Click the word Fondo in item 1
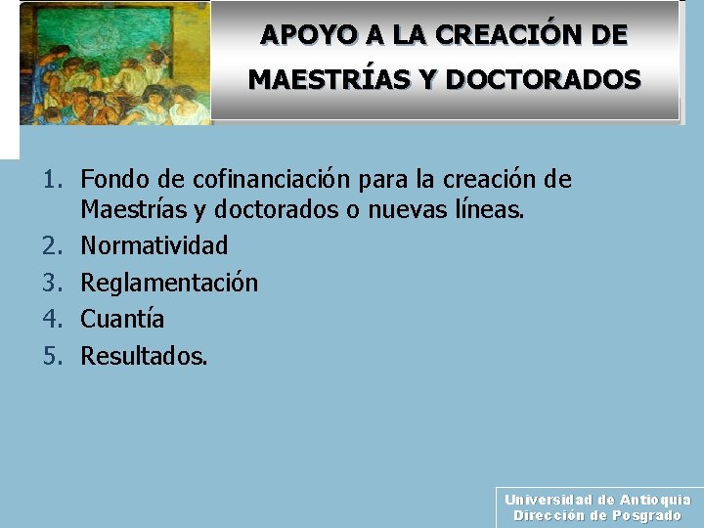point(110,180)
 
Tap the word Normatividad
point(154,244)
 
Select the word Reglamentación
point(169,283)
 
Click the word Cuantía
point(122,319)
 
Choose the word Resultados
point(144,356)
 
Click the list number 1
point(51,180)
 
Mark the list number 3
point(51,283)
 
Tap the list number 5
point(51,356)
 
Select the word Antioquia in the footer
point(655,500)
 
